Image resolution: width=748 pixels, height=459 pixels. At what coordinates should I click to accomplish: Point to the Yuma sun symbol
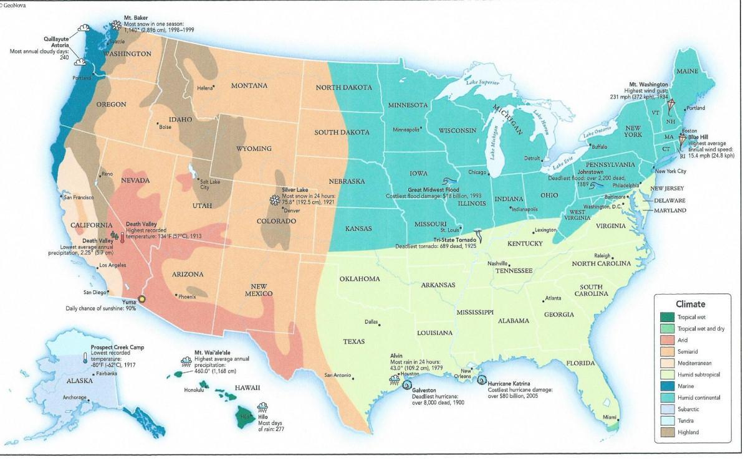click(x=143, y=300)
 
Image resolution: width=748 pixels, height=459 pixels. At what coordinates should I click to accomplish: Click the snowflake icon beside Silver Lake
click(x=273, y=200)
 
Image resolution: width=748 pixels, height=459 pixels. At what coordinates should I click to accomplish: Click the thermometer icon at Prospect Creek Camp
click(x=84, y=357)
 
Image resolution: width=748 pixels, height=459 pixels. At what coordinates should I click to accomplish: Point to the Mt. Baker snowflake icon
click(x=116, y=25)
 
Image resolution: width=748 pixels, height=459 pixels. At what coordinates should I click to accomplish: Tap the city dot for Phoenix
click(x=176, y=295)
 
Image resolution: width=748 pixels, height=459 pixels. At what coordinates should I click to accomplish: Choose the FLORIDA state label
click(x=582, y=362)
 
